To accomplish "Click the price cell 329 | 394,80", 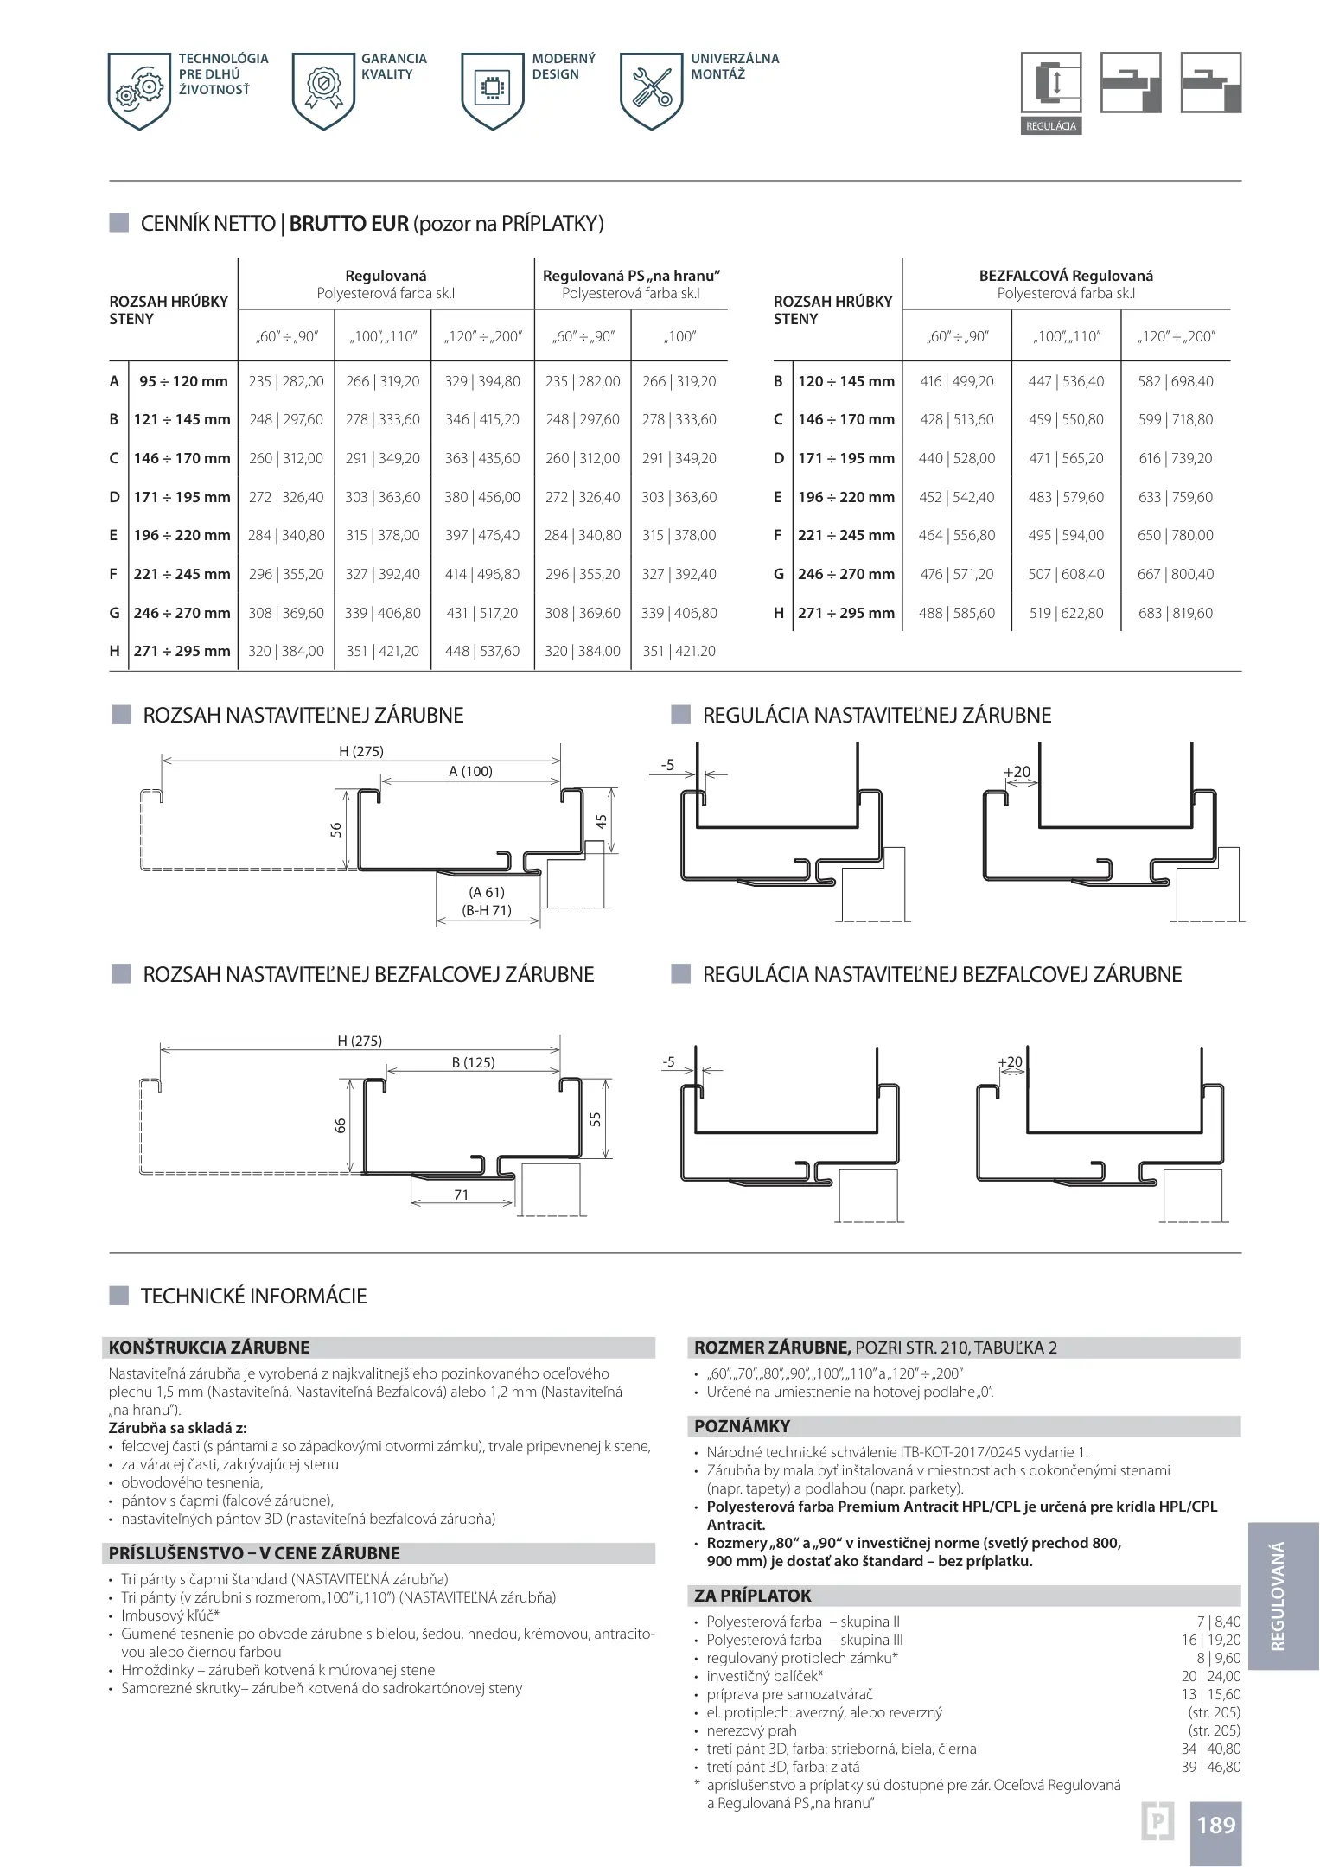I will [x=482, y=381].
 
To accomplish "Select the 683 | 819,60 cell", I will [x=1175, y=613].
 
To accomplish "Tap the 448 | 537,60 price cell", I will [x=482, y=651].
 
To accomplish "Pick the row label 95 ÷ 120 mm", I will [x=183, y=381].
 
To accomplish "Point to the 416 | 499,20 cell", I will [x=956, y=381].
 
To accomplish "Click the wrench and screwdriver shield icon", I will [x=652, y=89].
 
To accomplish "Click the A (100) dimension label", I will [x=470, y=771].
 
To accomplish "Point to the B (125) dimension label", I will [x=473, y=1062].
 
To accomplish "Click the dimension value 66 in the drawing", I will [x=341, y=1125].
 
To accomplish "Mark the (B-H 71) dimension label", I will [x=487, y=910].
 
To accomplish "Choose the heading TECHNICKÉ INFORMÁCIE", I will [x=253, y=1296].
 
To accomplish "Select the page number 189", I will [x=1215, y=1825].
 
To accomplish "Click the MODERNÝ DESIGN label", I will [x=563, y=67].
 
